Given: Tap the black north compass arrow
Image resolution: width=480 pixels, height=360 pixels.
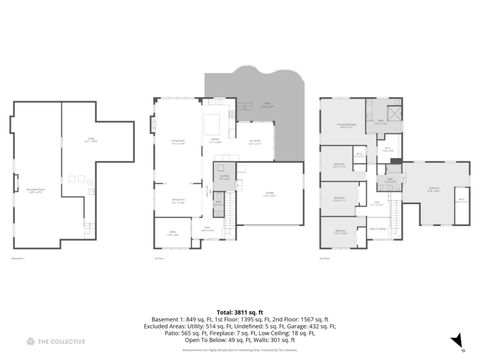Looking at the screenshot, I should (457, 341).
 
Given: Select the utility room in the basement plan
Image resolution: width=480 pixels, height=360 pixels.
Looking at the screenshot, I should (92, 140).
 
